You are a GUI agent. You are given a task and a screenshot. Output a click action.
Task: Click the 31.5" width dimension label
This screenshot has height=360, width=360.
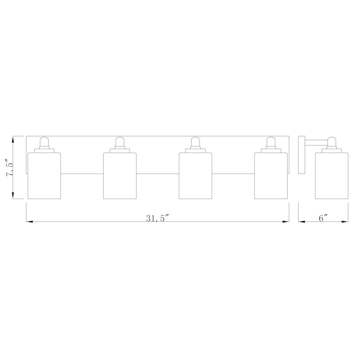pyautogui.click(x=158, y=218)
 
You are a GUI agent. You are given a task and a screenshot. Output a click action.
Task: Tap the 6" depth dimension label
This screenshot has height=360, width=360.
pyautogui.click(x=323, y=218)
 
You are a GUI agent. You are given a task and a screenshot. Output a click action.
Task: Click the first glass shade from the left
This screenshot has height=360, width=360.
pyautogui.click(x=44, y=176)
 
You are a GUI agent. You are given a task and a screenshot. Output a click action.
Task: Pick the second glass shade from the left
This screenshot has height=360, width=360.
pyautogui.click(x=120, y=176)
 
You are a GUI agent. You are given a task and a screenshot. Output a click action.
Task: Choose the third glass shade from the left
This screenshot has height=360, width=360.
pyautogui.click(x=195, y=176)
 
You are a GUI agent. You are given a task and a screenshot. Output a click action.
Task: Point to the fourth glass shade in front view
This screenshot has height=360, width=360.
pyautogui.click(x=271, y=176)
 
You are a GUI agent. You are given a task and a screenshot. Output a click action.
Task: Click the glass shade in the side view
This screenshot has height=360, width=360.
pyautogui.click(x=331, y=176)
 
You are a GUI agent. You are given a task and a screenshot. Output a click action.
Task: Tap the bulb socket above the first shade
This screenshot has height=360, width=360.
pyautogui.click(x=44, y=143)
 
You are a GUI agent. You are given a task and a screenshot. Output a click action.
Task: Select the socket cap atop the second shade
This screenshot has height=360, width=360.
pyautogui.click(x=120, y=143)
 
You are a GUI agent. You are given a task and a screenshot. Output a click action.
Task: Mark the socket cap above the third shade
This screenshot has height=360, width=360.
pyautogui.click(x=195, y=143)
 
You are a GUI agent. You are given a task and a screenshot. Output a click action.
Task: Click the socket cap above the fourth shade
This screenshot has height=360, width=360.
pyautogui.click(x=271, y=143)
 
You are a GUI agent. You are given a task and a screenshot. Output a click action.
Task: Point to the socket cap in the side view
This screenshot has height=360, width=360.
pyautogui.click(x=331, y=143)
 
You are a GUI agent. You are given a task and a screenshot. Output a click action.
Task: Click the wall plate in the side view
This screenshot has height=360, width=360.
pyautogui.click(x=302, y=155)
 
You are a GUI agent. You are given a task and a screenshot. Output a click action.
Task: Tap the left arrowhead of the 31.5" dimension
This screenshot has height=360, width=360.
pyautogui.click(x=28, y=221)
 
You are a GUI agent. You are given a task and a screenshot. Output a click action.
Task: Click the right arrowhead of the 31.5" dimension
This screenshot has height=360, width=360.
pyautogui.click(x=287, y=221)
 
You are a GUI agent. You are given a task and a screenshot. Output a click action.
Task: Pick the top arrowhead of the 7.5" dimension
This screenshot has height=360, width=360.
pyautogui.click(x=13, y=139)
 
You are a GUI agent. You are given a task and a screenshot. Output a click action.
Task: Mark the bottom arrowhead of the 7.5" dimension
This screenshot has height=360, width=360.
pyautogui.click(x=13, y=196)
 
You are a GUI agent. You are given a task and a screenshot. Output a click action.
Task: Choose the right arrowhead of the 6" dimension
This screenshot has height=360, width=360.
pyautogui.click(x=346, y=221)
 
